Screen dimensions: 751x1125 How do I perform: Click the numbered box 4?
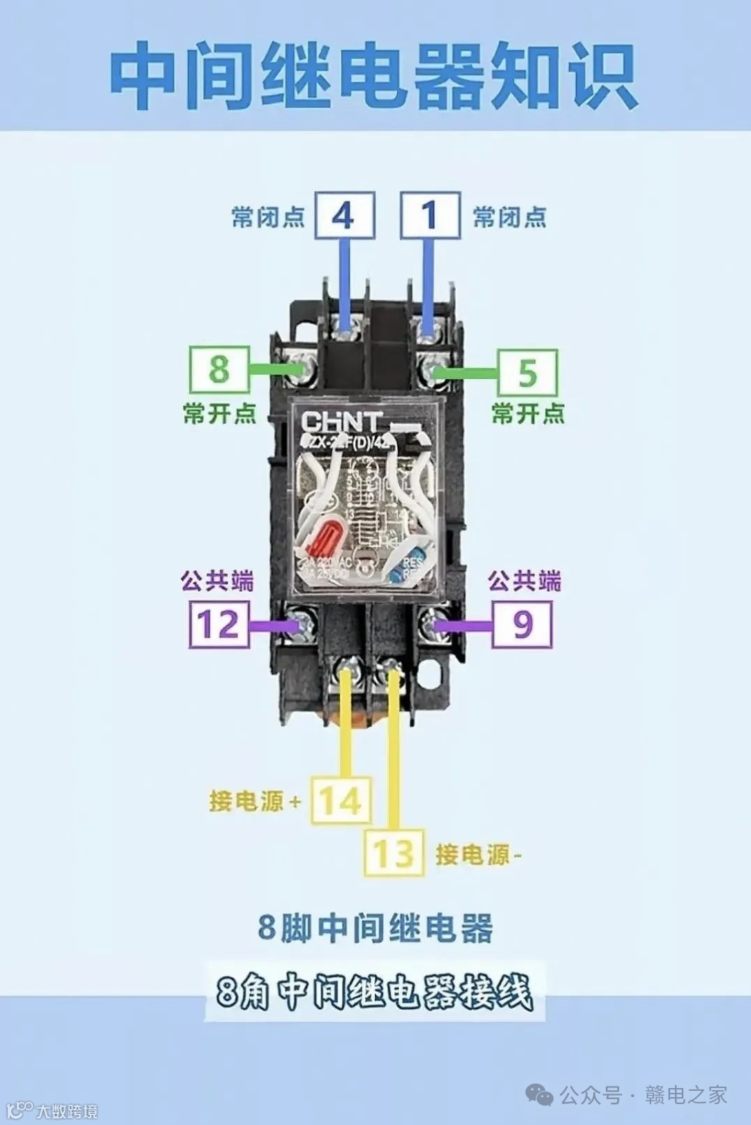344,216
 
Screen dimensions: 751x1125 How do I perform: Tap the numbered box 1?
430,216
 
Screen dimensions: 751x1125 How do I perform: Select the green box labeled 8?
219,369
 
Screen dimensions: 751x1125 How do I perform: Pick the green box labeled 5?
527,372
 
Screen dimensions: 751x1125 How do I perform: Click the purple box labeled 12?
219,624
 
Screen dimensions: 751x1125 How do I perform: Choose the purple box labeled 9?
522,624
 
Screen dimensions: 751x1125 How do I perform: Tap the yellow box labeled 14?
341,800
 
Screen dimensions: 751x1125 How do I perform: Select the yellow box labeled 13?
394,853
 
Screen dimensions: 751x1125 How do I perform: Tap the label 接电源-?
478,854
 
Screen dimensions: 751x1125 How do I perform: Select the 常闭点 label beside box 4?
268,217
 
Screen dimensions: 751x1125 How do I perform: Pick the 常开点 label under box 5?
528,413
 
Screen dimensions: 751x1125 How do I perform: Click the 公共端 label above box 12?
217,581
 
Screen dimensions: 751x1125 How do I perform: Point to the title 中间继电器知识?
374,75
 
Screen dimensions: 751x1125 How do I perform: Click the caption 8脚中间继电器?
376,928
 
